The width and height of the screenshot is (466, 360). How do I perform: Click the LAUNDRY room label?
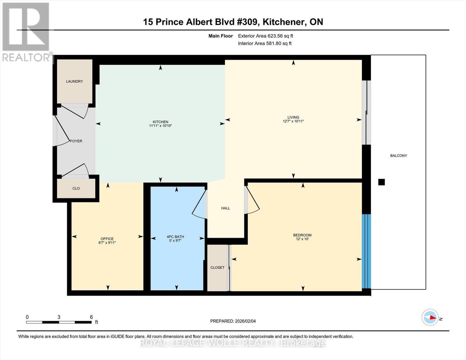(74, 81)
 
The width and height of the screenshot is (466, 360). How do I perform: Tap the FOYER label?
(76, 141)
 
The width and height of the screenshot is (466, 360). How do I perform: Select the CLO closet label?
(76, 188)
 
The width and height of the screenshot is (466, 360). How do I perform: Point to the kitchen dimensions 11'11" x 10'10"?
(161, 126)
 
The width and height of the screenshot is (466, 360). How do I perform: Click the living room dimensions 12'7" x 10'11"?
(293, 121)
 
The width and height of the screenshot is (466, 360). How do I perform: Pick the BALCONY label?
(398, 156)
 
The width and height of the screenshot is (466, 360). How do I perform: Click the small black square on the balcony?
(381, 182)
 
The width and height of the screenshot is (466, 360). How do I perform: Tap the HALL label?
(225, 208)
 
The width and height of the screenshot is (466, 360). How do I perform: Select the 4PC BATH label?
(176, 237)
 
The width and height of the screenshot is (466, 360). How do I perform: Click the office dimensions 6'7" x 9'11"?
(107, 243)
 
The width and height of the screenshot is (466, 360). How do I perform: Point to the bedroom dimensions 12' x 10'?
(302, 239)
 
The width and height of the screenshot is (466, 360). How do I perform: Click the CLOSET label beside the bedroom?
(218, 267)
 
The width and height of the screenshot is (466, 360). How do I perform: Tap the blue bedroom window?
(366, 251)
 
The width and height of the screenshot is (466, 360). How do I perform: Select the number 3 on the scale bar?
(59, 317)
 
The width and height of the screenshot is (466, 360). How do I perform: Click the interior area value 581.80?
(273, 43)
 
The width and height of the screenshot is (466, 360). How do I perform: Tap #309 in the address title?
(247, 22)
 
